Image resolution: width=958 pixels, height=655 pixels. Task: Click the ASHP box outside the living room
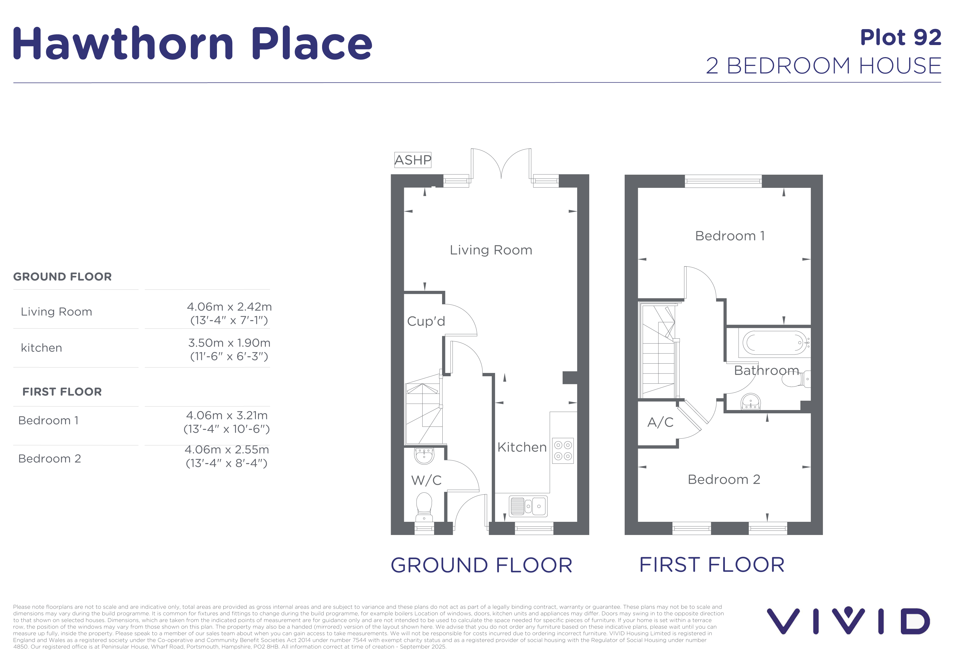click(413, 160)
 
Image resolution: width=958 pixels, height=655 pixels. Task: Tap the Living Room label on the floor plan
click(491, 250)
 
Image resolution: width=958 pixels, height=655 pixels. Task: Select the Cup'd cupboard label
click(426, 321)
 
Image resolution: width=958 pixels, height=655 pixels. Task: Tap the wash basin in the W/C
click(424, 456)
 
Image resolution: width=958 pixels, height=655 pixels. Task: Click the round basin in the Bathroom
click(751, 402)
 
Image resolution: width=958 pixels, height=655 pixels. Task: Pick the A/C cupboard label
click(660, 422)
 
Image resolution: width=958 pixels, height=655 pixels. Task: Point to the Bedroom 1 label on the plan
click(730, 236)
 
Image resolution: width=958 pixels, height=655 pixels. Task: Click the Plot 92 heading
click(901, 38)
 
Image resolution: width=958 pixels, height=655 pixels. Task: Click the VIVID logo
click(848, 620)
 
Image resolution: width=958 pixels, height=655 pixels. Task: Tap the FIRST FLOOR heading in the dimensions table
click(62, 392)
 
